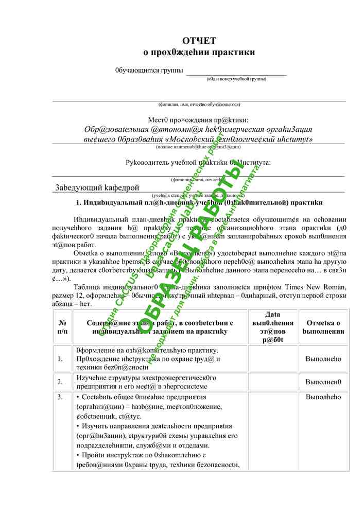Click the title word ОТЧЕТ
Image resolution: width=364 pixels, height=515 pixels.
click(x=199, y=41)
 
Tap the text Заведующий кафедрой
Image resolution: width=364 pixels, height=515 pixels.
click(x=97, y=187)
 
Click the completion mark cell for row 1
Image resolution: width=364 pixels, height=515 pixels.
click(x=323, y=358)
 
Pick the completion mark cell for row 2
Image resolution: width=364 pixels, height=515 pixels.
click(x=323, y=382)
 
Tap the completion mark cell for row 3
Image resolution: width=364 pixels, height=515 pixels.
click(x=323, y=397)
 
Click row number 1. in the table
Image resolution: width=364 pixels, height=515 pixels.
click(x=61, y=358)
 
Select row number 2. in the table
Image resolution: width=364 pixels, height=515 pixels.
click(x=61, y=382)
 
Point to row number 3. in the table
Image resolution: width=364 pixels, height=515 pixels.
click(x=61, y=397)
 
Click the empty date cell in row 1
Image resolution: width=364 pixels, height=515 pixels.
click(x=272, y=358)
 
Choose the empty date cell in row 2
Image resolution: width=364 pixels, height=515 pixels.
click(x=272, y=382)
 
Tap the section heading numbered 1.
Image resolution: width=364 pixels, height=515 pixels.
click(x=199, y=202)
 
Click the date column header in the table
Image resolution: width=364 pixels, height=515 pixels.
click(x=272, y=327)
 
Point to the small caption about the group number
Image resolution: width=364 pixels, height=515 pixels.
click(x=236, y=79)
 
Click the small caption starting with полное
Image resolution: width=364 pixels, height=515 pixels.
click(x=199, y=147)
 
